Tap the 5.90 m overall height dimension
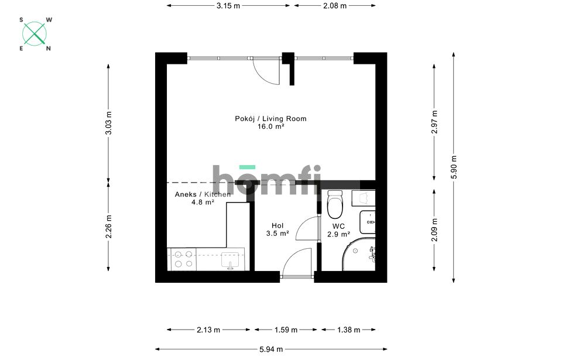[x=454, y=167]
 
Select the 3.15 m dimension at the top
[x=228, y=6]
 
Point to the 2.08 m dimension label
[x=335, y=6]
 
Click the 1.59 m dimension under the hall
[x=286, y=330]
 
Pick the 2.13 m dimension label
[x=208, y=330]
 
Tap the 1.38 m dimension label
[x=348, y=330]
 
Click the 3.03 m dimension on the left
[x=109, y=123]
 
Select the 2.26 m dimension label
[x=109, y=227]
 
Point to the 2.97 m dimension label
[x=434, y=122]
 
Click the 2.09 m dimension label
[x=434, y=230]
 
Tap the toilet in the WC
[x=335, y=204]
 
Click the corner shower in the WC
[x=358, y=253]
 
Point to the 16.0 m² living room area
[x=271, y=126]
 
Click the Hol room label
[x=277, y=225]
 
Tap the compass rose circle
[x=35, y=34]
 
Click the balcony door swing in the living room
[x=266, y=71]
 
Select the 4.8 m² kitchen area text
[x=203, y=202]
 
